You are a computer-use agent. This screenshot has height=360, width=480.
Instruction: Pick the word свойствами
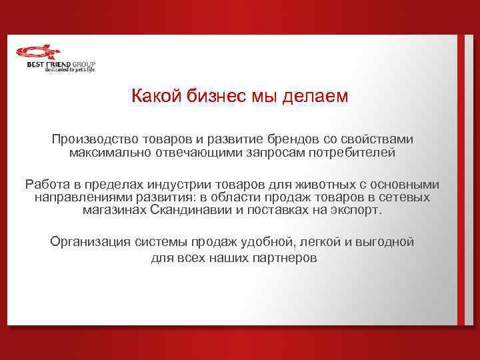point(382,140)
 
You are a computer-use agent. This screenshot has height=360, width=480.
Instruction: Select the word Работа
point(45,185)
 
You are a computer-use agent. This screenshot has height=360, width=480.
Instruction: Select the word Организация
point(91,242)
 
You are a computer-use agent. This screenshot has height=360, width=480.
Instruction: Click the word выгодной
point(385,242)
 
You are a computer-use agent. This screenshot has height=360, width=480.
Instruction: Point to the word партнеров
point(279,257)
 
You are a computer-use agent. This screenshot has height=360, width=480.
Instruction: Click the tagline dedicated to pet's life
point(70,69)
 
